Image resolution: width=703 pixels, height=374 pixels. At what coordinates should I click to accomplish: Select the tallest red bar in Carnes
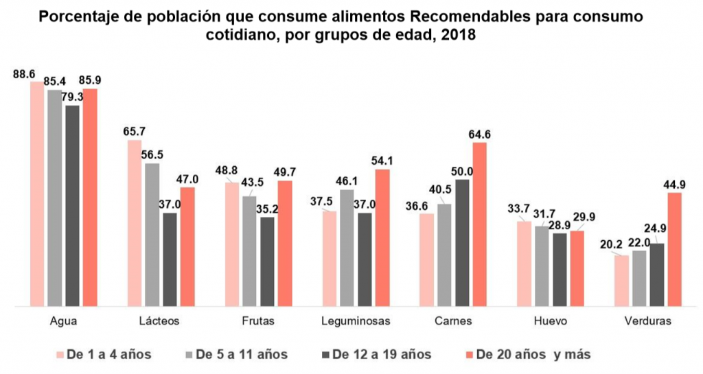click(479, 223)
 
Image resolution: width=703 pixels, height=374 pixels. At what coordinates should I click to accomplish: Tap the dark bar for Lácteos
click(169, 259)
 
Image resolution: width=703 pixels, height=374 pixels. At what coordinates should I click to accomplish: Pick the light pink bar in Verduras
click(621, 280)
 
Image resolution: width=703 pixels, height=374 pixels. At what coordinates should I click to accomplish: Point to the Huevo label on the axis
click(553, 320)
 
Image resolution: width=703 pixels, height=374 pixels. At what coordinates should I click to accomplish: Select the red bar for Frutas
click(285, 243)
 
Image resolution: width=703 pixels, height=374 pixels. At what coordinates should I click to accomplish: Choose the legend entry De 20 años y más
click(526, 354)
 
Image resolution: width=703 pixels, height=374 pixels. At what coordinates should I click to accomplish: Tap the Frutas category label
click(260, 320)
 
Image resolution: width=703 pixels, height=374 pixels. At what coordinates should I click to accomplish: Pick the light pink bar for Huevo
click(524, 263)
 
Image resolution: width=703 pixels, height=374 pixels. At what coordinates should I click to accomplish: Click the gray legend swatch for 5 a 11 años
click(189, 354)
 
